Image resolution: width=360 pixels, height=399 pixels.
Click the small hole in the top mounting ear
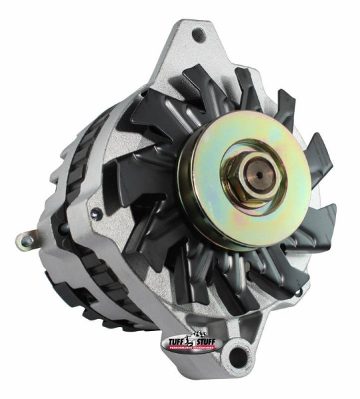point(197,33)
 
